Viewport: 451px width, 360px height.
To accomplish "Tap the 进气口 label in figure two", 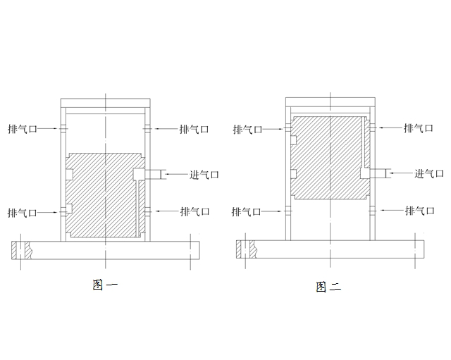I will (428, 173).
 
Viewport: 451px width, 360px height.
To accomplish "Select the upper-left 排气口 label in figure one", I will (23, 129).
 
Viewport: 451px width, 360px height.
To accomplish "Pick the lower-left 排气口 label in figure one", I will (23, 211).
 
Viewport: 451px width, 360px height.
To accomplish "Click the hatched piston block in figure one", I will (99, 197).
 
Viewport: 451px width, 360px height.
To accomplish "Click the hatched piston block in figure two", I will (328, 159).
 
